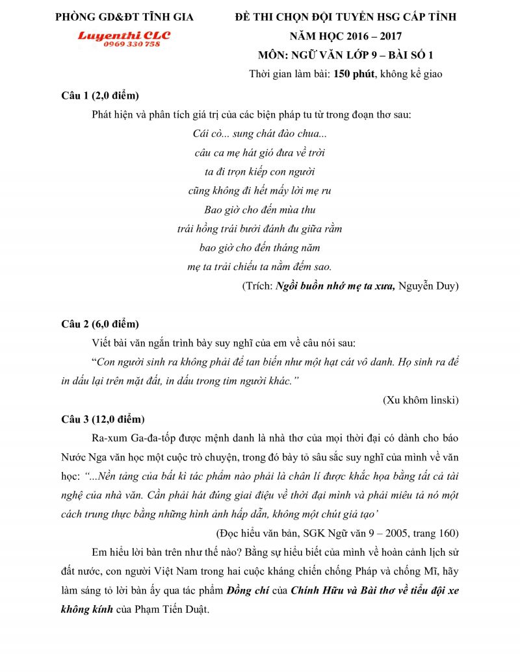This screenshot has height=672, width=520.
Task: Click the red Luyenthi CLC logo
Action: pos(123,35)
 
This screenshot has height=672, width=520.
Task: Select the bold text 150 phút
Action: pos(354,74)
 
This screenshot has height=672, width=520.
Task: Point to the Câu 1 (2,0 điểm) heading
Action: pos(100,96)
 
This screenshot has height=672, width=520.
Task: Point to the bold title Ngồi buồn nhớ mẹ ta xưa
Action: pos(335,286)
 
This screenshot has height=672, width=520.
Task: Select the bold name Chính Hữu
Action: pos(317,590)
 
